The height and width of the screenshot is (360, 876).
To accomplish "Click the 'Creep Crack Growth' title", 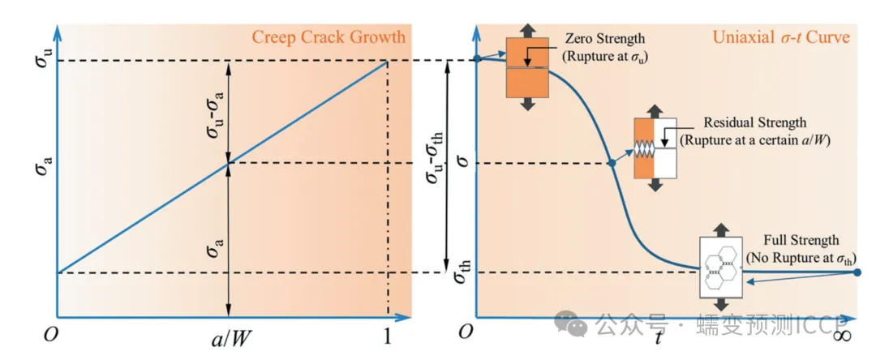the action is (x=328, y=37).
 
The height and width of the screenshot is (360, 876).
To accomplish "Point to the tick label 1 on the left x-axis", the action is (x=388, y=337).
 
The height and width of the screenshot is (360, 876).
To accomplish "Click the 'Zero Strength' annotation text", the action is (x=604, y=39).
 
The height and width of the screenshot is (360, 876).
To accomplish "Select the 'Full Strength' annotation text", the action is (x=801, y=240).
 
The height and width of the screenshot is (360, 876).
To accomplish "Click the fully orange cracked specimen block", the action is (x=527, y=67).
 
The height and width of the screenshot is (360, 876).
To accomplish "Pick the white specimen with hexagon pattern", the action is (x=721, y=267).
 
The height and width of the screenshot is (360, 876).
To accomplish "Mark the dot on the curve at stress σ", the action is (x=612, y=164).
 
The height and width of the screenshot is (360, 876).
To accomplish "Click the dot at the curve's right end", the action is (x=858, y=272).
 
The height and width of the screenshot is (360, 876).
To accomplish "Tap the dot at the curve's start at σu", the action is (x=477, y=59).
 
